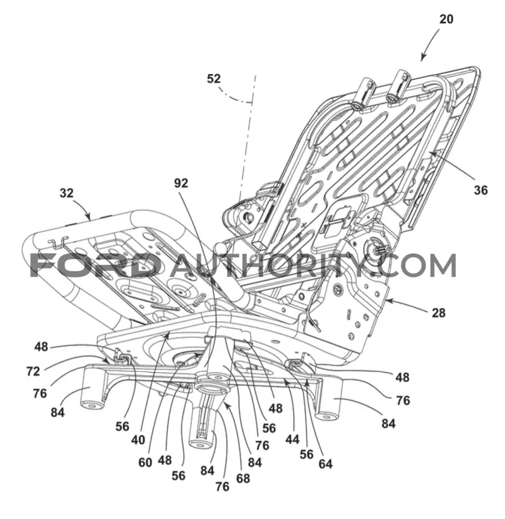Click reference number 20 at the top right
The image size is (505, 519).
(x=446, y=19)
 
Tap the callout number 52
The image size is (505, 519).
(x=214, y=79)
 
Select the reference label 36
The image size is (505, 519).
(x=480, y=190)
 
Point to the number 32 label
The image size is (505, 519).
(x=66, y=193)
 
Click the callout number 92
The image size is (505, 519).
(x=181, y=183)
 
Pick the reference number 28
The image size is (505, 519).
(x=438, y=313)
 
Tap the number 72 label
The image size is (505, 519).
(x=33, y=371)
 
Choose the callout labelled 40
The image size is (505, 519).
(x=138, y=440)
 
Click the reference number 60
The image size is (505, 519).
(x=145, y=462)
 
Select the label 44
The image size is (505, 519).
(x=292, y=440)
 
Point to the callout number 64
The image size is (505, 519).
(x=325, y=464)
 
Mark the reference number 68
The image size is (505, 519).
(x=243, y=478)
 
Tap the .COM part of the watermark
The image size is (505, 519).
(x=415, y=265)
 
